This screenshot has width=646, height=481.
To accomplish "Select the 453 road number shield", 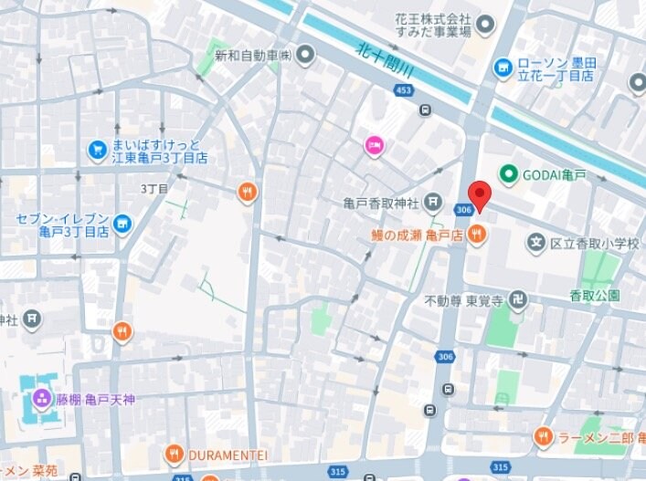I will (x=403, y=89).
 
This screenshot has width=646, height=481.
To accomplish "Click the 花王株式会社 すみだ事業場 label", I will (x=432, y=25).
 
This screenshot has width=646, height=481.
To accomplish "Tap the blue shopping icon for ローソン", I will (x=503, y=68).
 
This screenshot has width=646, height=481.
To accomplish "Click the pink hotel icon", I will (x=374, y=144).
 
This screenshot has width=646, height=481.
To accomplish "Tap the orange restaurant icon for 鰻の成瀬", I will (x=475, y=235).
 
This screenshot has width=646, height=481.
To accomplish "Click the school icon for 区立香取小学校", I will (x=537, y=242).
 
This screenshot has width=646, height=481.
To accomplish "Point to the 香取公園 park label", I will (x=595, y=295).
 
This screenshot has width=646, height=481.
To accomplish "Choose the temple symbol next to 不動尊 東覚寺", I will (x=517, y=298).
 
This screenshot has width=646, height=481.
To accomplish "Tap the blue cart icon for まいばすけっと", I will (x=97, y=149).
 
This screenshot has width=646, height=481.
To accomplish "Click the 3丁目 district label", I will (x=154, y=189).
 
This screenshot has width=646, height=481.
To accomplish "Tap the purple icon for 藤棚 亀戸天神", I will (x=41, y=399).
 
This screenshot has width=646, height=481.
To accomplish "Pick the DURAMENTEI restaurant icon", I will (x=175, y=454).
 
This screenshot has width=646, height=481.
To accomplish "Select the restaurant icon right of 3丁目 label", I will (x=247, y=192).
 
